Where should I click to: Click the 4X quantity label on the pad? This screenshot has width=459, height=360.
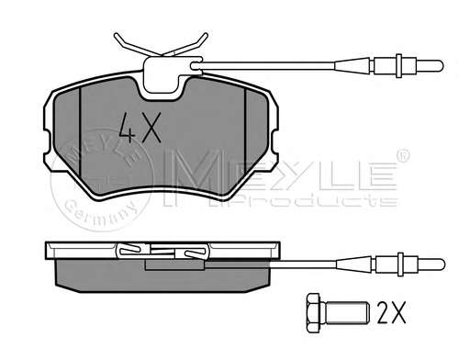pyautogui.click(x=140, y=128)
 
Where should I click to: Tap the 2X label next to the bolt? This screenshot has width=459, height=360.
pyautogui.click(x=391, y=312)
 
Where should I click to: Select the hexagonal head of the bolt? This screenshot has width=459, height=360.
pyautogui.click(x=313, y=313)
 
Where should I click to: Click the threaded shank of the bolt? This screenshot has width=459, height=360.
pyautogui.click(x=346, y=313)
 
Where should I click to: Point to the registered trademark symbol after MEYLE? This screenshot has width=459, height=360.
pyautogui.click(x=403, y=155)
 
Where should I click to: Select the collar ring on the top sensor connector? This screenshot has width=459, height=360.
pyautogui.click(x=398, y=66)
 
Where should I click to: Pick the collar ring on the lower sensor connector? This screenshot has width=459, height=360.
pyautogui.click(x=400, y=264)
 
